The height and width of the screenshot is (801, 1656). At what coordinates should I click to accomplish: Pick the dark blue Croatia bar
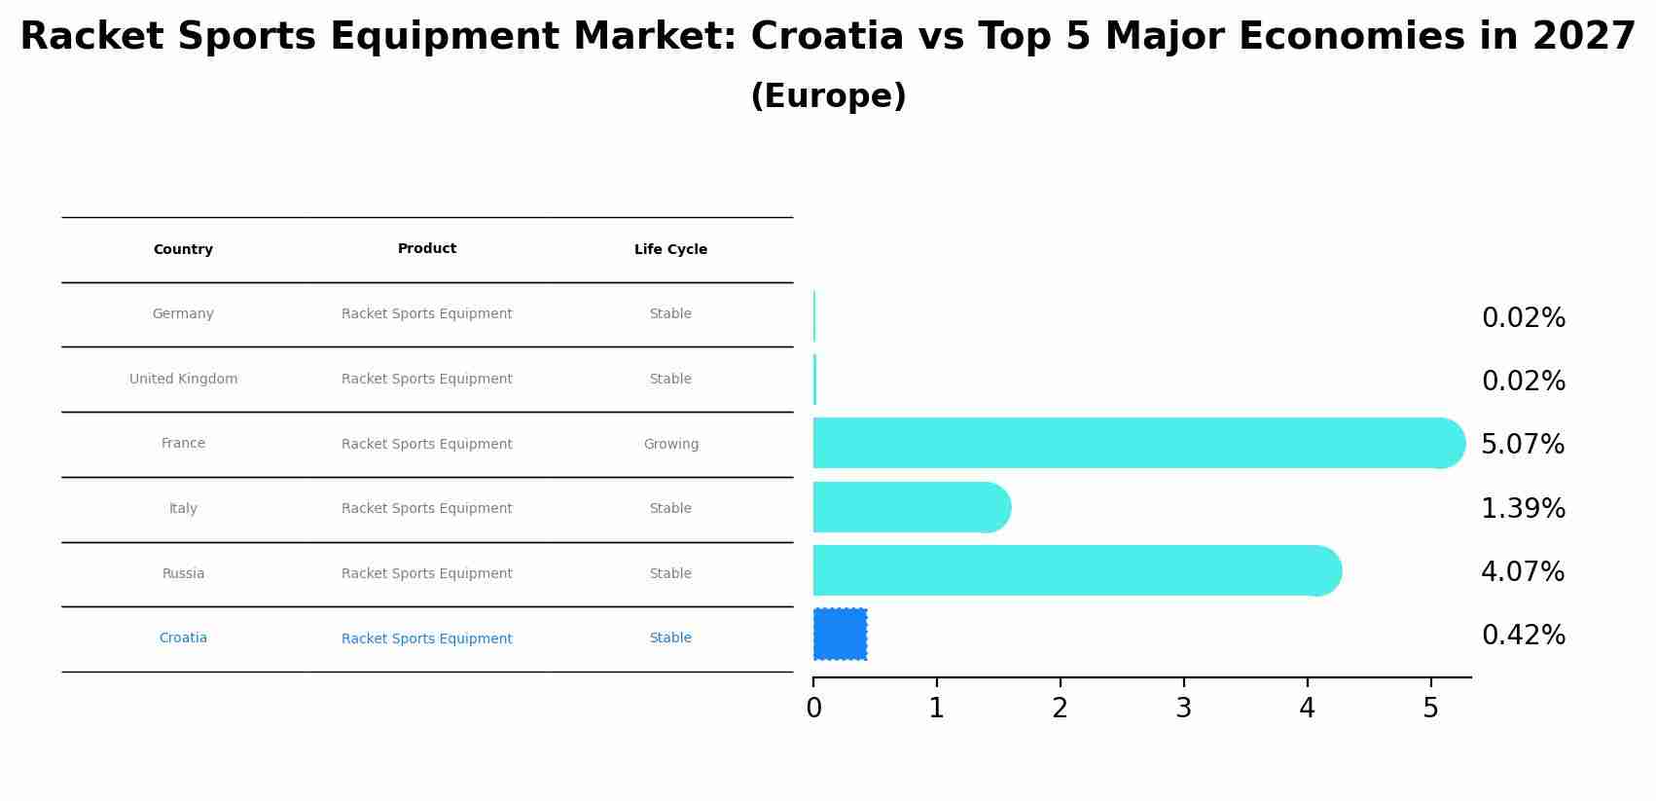pos(840,635)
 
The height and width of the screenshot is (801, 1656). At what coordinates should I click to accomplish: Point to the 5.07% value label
pos(1523,445)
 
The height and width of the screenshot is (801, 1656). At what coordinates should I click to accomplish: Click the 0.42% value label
pos(1523,636)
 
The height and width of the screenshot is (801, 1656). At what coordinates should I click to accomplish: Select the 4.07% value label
pos(1523,571)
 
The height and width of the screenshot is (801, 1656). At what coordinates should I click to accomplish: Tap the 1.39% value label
pos(1523,508)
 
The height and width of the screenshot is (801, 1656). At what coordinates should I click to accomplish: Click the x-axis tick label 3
pos(1183,709)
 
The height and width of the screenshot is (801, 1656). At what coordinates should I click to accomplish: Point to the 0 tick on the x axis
pos(813,709)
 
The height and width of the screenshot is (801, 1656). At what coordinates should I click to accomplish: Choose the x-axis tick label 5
pos(1430,709)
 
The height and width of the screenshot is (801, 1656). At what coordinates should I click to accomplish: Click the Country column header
pos(183,250)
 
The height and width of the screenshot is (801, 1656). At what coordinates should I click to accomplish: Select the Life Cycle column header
pos(670,250)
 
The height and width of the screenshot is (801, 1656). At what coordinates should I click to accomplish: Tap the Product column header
pos(426,249)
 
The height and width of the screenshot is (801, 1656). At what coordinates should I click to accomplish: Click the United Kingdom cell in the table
pos(183,379)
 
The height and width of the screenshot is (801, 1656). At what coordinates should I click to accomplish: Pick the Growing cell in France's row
pos(670,444)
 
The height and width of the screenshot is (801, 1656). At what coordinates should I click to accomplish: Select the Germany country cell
pos(183,313)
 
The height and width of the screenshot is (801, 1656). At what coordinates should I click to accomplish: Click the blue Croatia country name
pos(183,637)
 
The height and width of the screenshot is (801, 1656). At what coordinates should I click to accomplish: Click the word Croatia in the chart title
pos(827,37)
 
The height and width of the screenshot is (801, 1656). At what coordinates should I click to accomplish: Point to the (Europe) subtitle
pos(828,96)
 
